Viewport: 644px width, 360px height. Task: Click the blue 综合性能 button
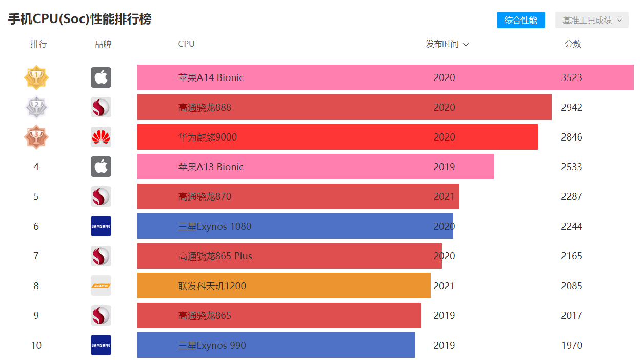click(520, 20)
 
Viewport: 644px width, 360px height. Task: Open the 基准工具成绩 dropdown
click(592, 20)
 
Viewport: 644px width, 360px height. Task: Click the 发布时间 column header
click(447, 44)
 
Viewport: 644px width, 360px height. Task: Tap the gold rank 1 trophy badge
click(36, 77)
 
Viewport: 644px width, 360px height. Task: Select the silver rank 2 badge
click(36, 107)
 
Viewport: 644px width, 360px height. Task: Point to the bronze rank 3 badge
click(36, 137)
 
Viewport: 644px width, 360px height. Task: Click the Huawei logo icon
click(101, 137)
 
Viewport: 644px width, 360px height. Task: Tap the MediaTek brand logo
click(101, 286)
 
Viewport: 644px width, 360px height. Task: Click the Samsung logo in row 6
click(101, 226)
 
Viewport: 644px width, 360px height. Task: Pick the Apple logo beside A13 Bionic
click(101, 167)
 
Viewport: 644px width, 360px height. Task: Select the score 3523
click(572, 78)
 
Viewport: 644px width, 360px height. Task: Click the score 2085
click(572, 286)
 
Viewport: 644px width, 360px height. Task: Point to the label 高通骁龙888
click(205, 108)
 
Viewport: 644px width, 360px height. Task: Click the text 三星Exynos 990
click(212, 346)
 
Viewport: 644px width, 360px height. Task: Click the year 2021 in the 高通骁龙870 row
click(444, 197)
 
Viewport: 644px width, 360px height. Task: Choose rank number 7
click(36, 256)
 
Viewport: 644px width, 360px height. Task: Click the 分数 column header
click(573, 44)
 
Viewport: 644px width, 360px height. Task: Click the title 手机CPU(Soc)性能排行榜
click(79, 19)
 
